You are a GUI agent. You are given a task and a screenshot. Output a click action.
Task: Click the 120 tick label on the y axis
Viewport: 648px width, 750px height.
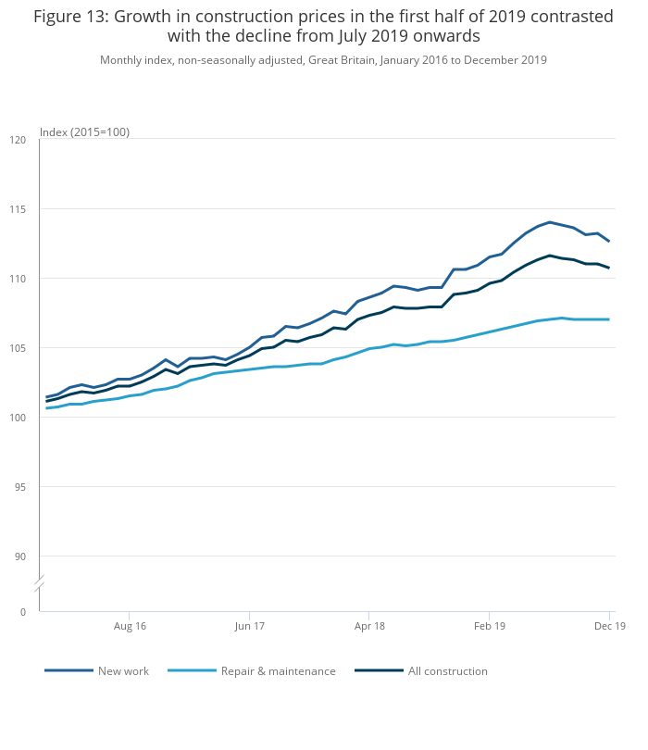tap(18, 140)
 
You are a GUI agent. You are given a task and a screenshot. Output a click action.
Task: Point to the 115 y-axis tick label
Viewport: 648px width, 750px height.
tap(18, 209)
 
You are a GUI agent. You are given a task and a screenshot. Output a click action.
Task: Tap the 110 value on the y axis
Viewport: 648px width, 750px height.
tap(18, 279)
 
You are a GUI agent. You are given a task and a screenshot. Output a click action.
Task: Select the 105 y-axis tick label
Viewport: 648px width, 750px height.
tap(18, 348)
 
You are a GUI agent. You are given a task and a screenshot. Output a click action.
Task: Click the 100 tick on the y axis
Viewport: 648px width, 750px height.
tap(18, 418)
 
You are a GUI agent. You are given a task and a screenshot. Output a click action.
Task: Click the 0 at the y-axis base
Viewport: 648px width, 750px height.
tap(23, 612)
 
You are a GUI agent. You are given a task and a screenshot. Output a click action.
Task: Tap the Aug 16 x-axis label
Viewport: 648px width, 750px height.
tap(129, 627)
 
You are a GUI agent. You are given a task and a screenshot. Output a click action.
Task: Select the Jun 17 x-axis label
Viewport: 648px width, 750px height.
tap(249, 627)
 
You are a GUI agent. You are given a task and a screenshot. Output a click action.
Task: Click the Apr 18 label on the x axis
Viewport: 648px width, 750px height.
tap(369, 627)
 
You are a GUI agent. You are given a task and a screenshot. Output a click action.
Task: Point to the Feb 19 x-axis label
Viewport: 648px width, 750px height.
tap(490, 627)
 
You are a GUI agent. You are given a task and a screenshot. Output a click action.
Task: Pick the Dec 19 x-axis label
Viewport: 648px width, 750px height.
tap(610, 627)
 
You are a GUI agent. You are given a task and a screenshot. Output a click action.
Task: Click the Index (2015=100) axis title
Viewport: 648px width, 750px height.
tap(85, 132)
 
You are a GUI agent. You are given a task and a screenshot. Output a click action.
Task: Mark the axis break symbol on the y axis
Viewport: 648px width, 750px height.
tap(39, 584)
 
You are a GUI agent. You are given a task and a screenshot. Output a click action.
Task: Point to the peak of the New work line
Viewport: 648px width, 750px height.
tap(550, 222)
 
